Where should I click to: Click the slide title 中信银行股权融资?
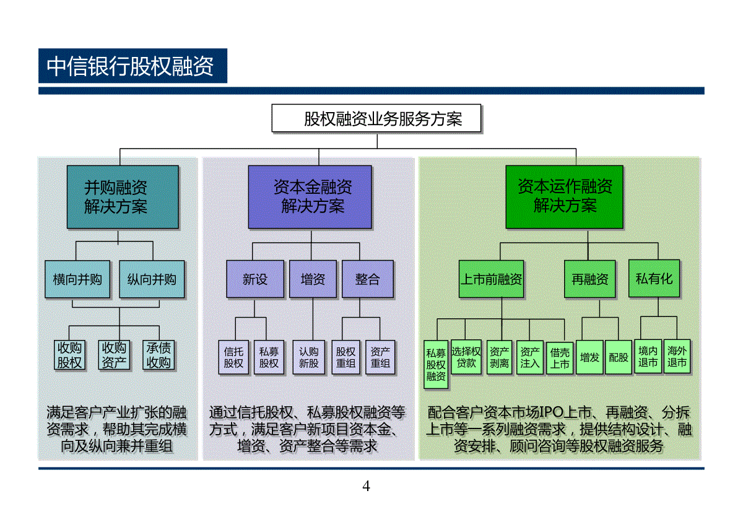129,66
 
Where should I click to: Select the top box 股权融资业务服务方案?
376,118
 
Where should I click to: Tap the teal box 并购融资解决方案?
123,197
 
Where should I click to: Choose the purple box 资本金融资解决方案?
310,197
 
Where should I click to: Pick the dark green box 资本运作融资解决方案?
564,197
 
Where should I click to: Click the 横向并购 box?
77,279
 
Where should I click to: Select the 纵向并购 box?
152,279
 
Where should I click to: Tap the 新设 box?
255,279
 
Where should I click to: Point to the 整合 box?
368,279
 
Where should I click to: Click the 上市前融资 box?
491,279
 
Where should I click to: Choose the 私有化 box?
654,279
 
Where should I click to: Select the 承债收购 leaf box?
159,355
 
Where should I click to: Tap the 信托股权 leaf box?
233,357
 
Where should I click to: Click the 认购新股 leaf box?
308,357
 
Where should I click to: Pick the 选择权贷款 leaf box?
466,357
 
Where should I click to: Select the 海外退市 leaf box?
677,357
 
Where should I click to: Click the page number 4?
366,486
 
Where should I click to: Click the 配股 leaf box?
619,357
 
